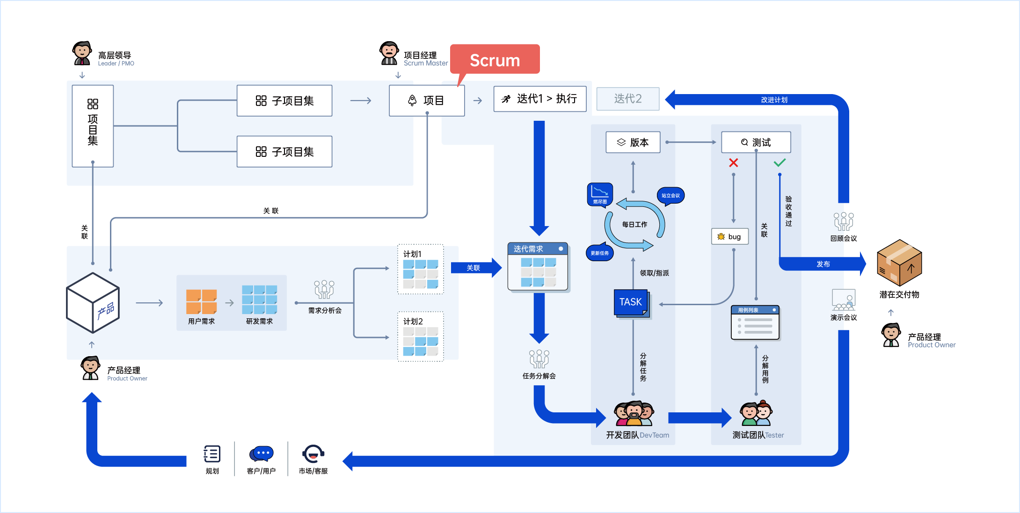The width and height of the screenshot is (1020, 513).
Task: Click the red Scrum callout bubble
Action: (x=495, y=59)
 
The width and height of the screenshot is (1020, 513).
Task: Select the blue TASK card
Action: (x=631, y=302)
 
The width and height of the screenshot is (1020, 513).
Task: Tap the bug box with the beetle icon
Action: (x=729, y=236)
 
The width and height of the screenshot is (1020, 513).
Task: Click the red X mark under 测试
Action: (x=733, y=163)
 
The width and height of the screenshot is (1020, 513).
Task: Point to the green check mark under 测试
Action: (x=780, y=163)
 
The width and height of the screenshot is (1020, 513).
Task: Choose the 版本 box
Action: (x=633, y=142)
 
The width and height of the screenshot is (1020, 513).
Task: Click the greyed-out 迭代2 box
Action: (x=627, y=99)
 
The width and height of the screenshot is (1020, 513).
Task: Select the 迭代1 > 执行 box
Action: (x=539, y=99)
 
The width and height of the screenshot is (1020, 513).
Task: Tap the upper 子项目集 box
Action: (x=284, y=101)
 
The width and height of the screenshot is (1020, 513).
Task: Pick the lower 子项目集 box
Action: (x=284, y=152)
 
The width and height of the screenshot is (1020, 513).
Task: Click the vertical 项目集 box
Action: (x=93, y=126)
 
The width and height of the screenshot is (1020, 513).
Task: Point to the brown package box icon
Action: (x=899, y=263)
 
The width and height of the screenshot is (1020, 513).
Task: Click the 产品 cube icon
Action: (x=93, y=303)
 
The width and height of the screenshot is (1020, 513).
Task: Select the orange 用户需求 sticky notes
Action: (x=201, y=302)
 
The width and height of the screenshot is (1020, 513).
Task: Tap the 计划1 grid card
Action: (x=420, y=270)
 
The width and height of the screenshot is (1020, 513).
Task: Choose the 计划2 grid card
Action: (x=420, y=337)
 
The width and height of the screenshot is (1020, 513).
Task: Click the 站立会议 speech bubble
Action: (x=670, y=196)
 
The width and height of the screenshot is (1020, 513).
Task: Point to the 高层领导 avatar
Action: (x=82, y=53)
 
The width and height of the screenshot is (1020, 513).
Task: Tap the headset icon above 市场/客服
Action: (x=313, y=454)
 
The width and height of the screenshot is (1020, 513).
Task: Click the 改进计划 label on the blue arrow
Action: (x=774, y=100)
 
